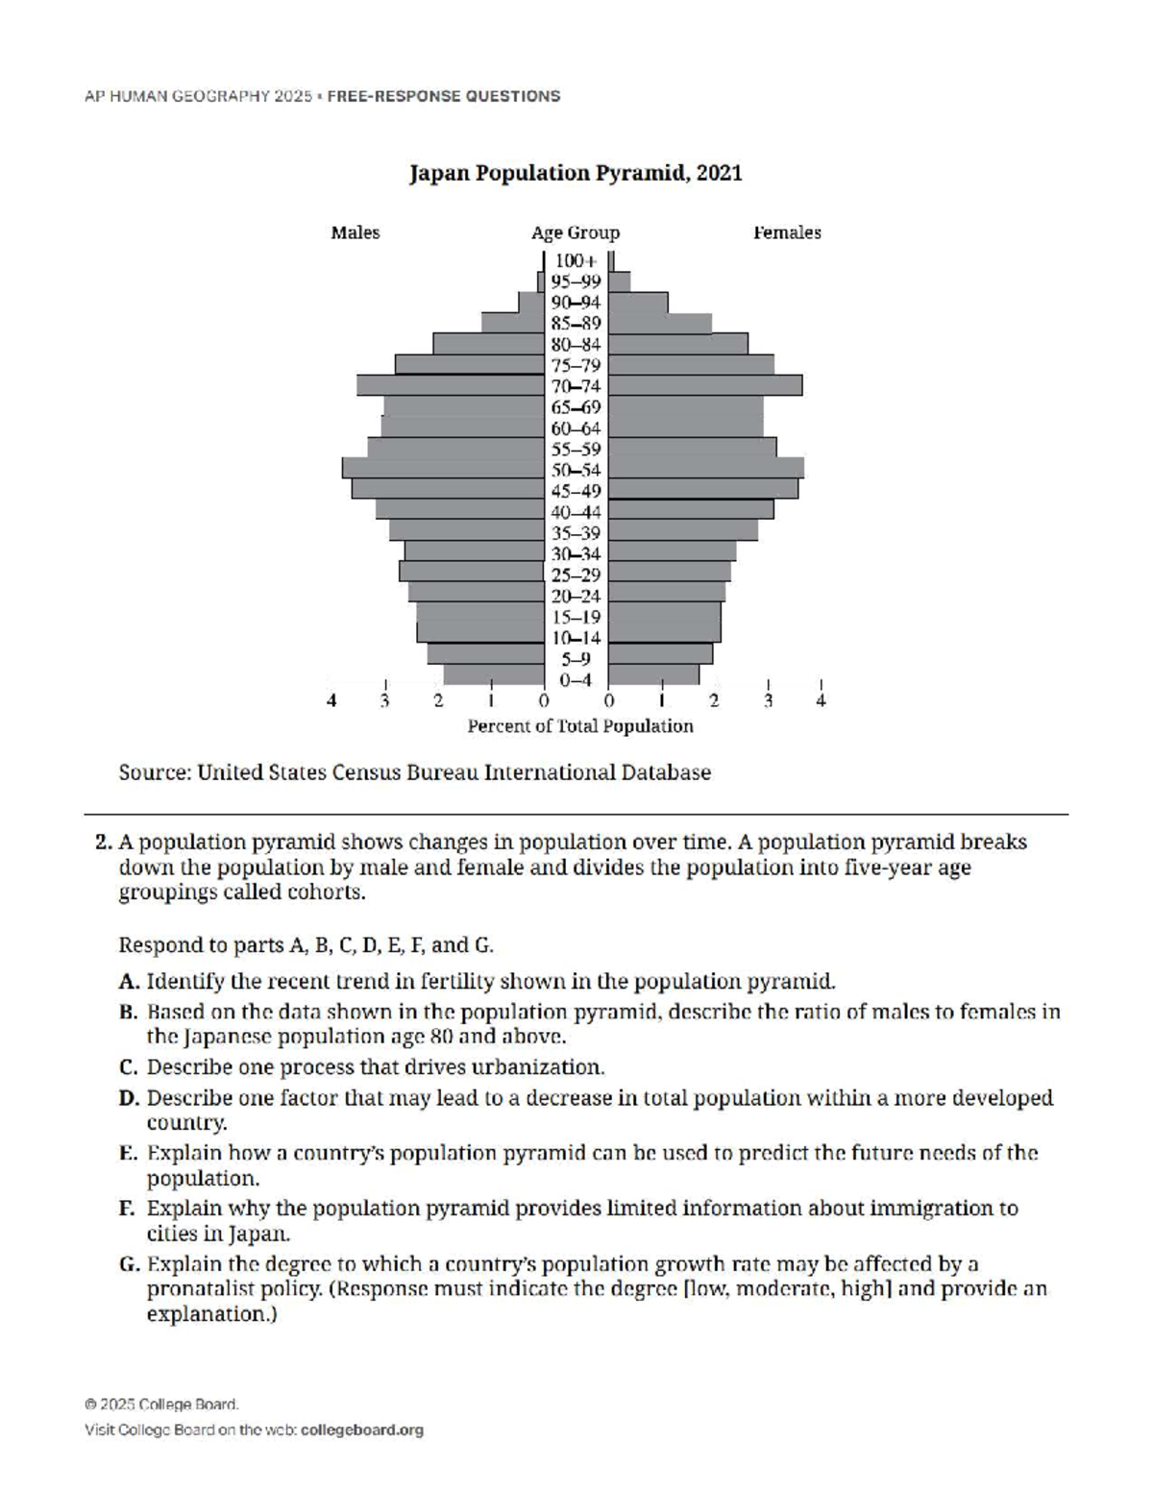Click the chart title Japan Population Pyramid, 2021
click(576, 174)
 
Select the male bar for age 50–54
click(443, 469)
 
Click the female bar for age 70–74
click(705, 385)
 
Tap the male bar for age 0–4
click(493, 674)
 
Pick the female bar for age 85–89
click(660, 323)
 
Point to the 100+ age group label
click(576, 260)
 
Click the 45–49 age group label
click(576, 491)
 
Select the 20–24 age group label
click(576, 596)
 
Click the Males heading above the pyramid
click(356, 232)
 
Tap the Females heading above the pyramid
click(787, 232)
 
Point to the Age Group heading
click(576, 232)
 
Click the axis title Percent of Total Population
click(579, 726)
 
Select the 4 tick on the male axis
click(332, 701)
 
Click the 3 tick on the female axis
click(768, 701)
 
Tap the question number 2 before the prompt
click(103, 843)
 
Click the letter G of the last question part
click(129, 1264)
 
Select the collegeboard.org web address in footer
click(362, 1431)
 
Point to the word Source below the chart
click(153, 773)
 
